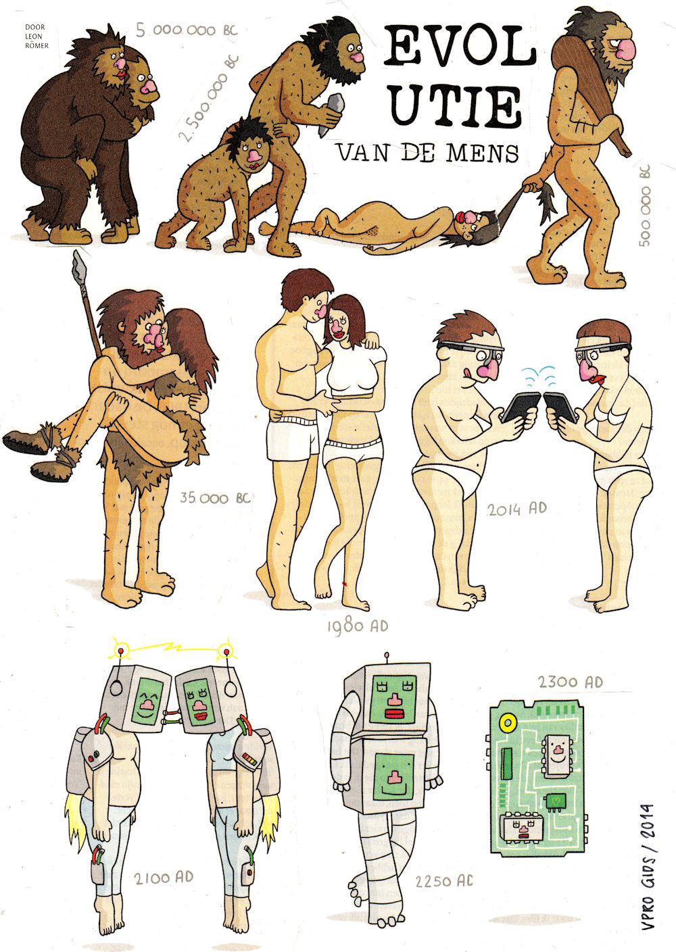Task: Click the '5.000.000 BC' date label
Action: [x=187, y=30]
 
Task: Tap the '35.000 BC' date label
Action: [x=215, y=498]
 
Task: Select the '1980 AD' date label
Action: [x=358, y=626]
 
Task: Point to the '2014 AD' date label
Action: [x=516, y=509]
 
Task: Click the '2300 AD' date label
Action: [x=570, y=682]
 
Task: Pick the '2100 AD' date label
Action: [x=164, y=878]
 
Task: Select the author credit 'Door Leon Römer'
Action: [x=36, y=36]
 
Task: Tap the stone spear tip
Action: [x=79, y=263]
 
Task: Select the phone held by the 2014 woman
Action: [x=560, y=407]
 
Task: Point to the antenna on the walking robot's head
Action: [x=387, y=659]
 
